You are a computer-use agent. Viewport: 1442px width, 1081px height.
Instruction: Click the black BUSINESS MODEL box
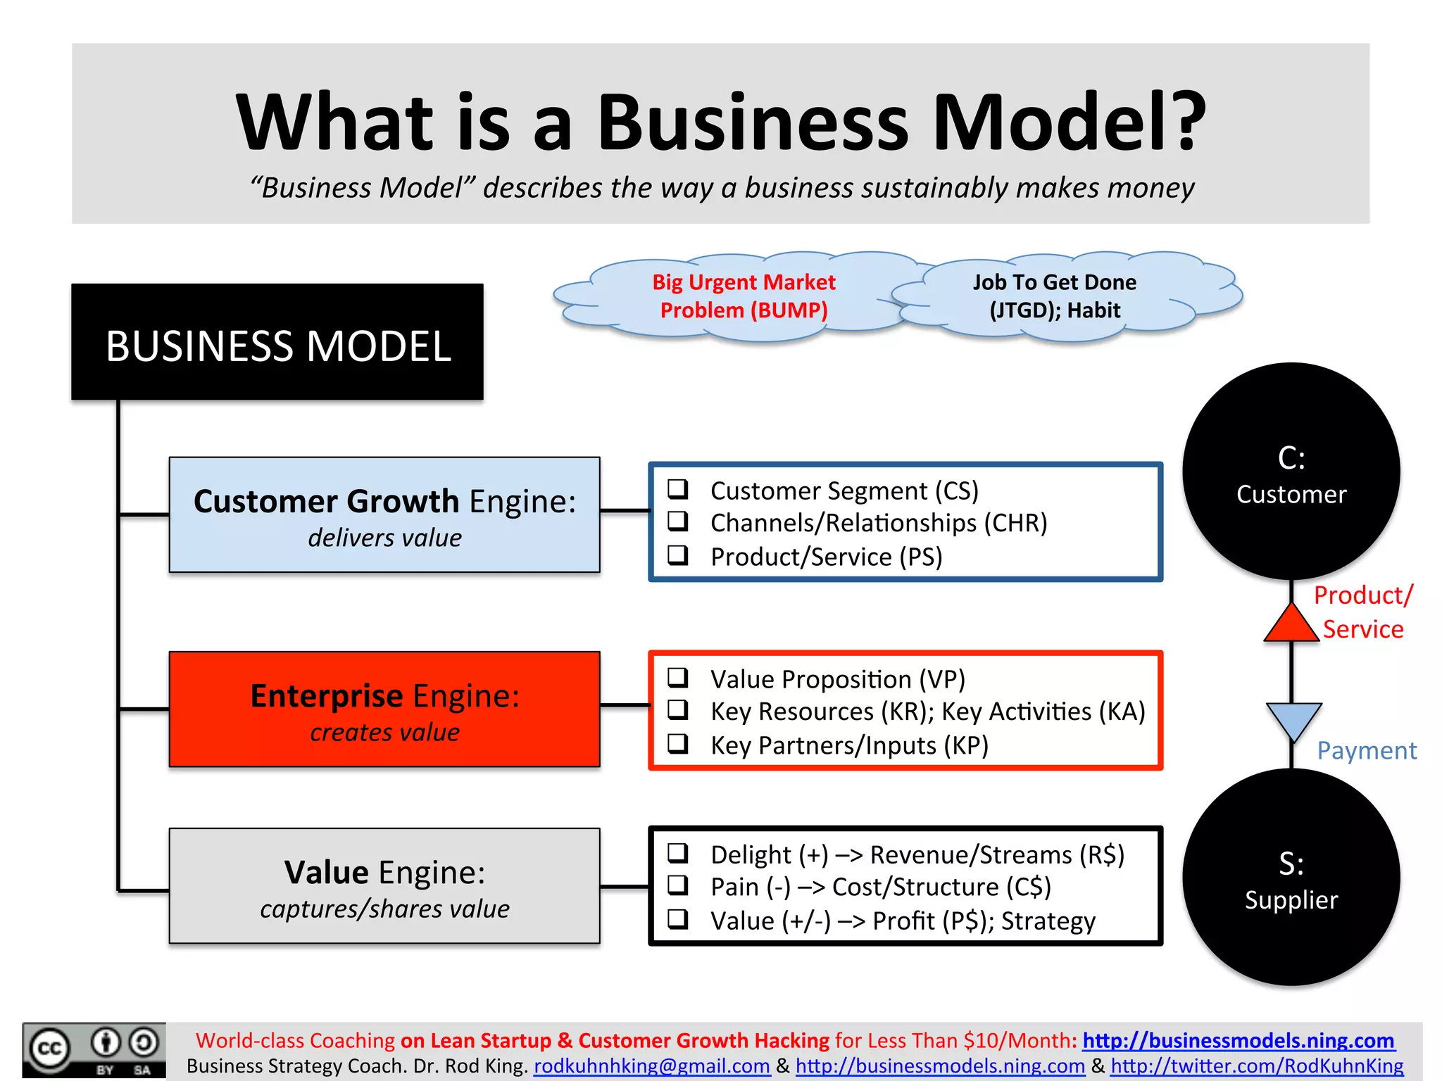click(x=277, y=342)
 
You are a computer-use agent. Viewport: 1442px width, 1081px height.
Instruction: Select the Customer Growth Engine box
click(x=384, y=514)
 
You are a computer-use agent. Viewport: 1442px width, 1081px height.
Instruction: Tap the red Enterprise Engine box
click(x=384, y=709)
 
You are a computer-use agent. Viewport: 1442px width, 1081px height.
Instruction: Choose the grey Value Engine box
click(x=384, y=885)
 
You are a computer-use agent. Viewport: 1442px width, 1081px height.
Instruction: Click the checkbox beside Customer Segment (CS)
click(x=678, y=488)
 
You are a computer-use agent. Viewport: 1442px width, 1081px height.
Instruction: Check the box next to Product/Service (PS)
click(x=678, y=555)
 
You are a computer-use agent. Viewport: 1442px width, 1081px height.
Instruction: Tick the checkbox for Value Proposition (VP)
click(x=678, y=677)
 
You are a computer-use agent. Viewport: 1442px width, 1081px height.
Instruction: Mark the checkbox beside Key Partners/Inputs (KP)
click(x=678, y=743)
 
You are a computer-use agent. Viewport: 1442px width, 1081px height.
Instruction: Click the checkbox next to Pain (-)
click(x=678, y=885)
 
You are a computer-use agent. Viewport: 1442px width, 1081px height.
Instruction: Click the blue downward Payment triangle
click(x=1293, y=719)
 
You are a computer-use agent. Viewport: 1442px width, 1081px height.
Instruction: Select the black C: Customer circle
click(x=1291, y=471)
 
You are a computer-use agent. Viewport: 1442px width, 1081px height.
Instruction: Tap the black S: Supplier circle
click(x=1291, y=877)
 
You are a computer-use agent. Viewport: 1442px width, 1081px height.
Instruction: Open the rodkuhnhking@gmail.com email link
click(x=651, y=1066)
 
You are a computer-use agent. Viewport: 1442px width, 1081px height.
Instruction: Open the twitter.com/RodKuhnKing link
click(x=1257, y=1066)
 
